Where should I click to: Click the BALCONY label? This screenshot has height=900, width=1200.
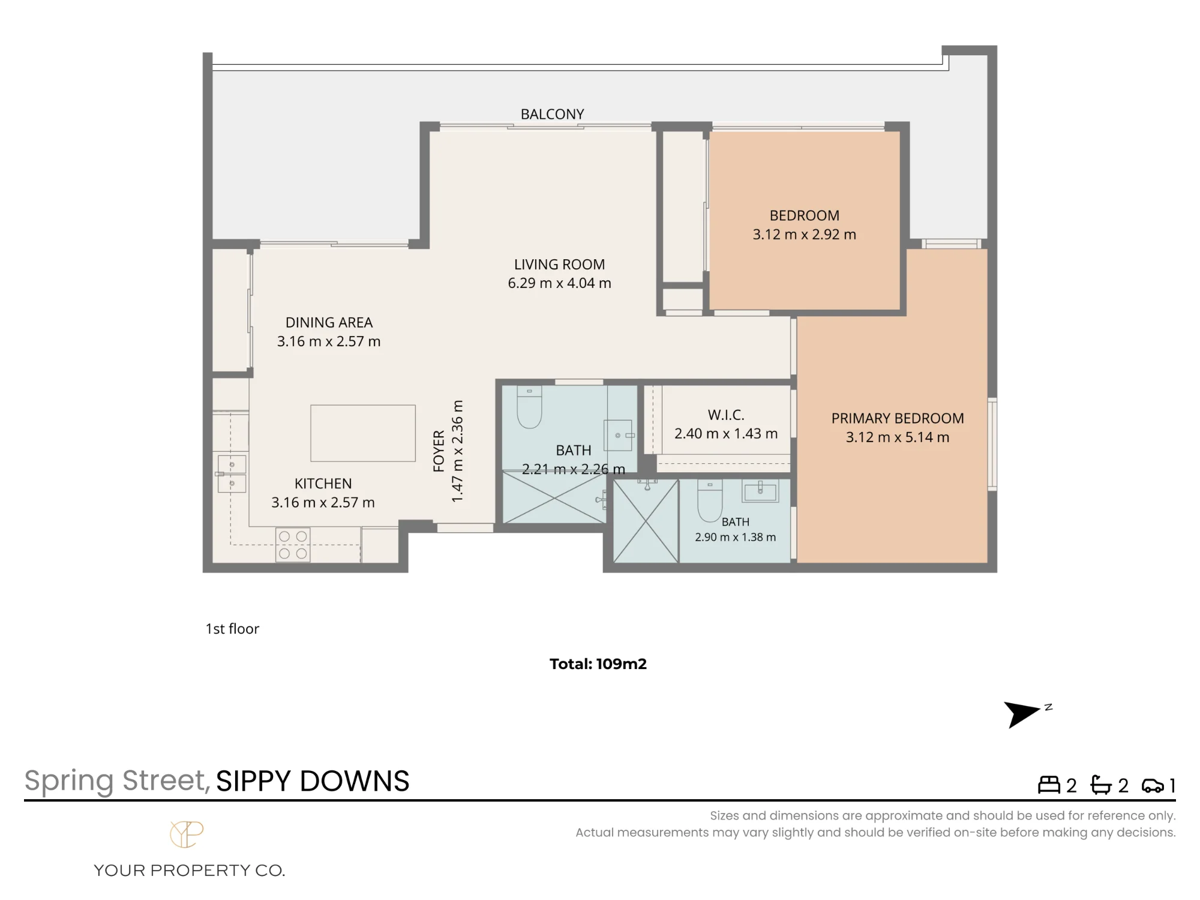click(x=552, y=114)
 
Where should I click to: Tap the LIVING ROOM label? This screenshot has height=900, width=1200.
click(x=559, y=264)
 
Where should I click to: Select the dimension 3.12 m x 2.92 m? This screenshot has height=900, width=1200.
click(x=804, y=235)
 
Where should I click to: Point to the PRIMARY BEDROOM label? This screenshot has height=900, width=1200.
click(x=898, y=418)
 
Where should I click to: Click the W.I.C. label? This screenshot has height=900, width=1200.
click(x=726, y=415)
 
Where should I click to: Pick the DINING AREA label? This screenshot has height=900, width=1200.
click(x=329, y=322)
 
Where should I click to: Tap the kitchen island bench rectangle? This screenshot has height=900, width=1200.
click(x=363, y=433)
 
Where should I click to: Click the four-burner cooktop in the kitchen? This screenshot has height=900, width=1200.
click(x=293, y=545)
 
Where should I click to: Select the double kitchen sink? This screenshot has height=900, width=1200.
click(x=232, y=473)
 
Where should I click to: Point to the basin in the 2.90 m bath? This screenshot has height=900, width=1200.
click(x=760, y=491)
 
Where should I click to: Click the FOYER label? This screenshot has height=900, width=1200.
click(x=439, y=451)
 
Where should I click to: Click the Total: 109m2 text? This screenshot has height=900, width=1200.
click(x=598, y=664)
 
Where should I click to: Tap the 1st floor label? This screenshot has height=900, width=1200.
click(x=232, y=629)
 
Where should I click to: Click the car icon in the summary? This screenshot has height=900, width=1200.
click(x=1153, y=785)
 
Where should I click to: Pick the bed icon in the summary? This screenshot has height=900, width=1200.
click(x=1049, y=785)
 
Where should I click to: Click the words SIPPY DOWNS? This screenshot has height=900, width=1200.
click(x=313, y=781)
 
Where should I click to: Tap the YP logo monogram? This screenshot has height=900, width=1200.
click(x=187, y=834)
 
